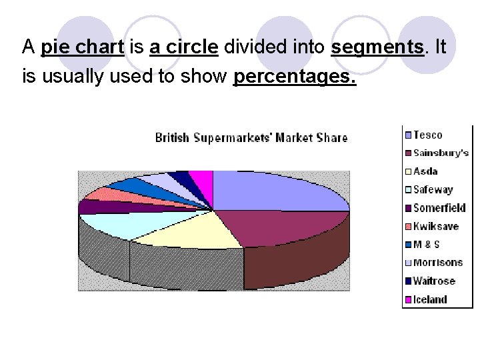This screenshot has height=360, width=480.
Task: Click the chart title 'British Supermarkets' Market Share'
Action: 251,138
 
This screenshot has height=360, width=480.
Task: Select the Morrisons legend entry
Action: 437,263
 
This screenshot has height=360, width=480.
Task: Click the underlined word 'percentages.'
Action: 295,77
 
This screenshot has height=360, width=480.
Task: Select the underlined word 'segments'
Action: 377,47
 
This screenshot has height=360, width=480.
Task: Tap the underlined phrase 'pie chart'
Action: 83,47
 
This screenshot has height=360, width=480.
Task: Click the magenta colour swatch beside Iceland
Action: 407,299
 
